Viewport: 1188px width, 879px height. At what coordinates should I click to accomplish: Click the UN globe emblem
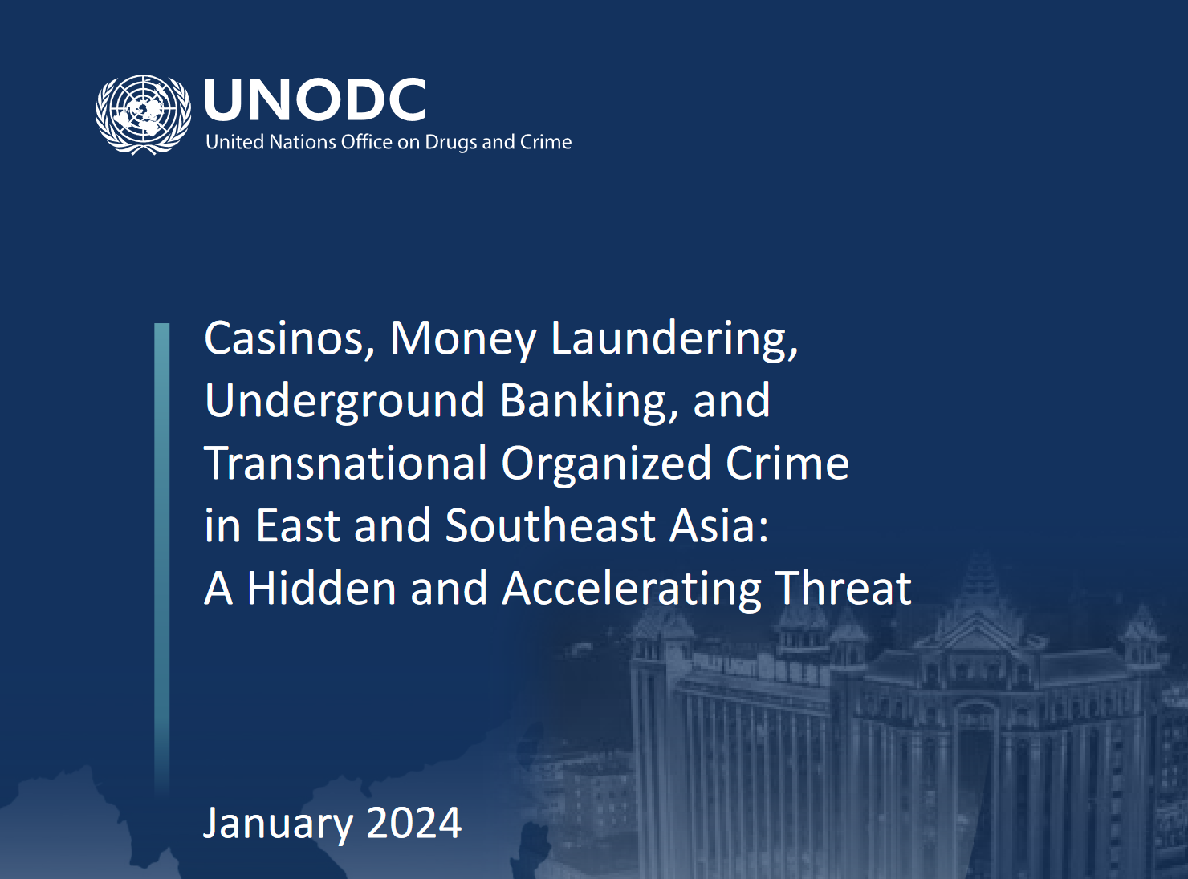tap(144, 114)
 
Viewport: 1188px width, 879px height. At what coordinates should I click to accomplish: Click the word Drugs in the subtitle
tap(451, 142)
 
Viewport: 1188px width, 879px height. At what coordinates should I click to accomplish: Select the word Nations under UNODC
tap(303, 142)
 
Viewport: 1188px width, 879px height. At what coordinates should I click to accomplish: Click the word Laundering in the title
tap(673, 338)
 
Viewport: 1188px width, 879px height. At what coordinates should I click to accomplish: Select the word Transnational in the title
tap(346, 464)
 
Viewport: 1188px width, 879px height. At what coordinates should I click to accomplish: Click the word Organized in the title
tap(606, 464)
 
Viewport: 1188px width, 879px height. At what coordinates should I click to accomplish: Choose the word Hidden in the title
tap(321, 589)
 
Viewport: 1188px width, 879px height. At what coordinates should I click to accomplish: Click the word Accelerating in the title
tap(631, 589)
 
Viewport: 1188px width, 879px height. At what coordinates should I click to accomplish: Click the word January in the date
tap(278, 824)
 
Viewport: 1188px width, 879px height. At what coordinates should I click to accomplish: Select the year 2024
tap(414, 824)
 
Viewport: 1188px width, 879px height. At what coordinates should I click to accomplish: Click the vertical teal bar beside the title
tap(162, 553)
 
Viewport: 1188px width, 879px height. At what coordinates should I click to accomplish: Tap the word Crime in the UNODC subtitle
tap(546, 142)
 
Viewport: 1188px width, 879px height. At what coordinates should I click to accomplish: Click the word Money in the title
tap(463, 338)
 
